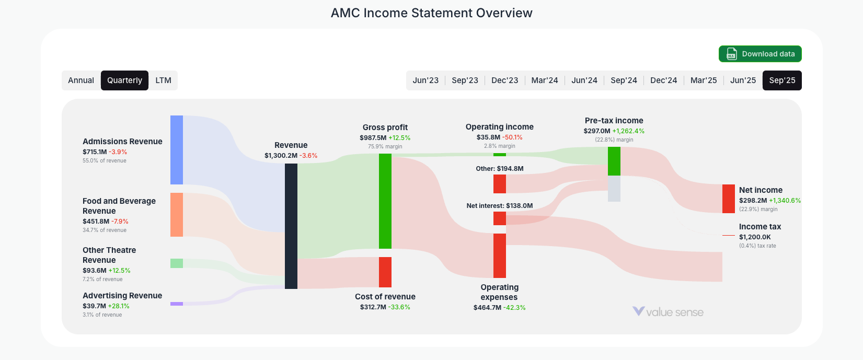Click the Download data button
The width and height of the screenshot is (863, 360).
pos(760,54)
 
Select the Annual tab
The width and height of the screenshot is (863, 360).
pos(81,80)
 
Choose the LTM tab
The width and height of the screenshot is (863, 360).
pos(163,80)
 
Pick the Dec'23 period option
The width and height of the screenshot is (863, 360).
pos(504,80)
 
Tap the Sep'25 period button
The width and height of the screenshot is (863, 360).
pos(782,80)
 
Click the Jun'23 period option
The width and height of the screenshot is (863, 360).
pos(425,80)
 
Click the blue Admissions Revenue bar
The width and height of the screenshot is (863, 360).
pos(177,150)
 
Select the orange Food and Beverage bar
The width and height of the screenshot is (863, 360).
pos(177,215)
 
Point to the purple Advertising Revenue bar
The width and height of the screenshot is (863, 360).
pos(177,304)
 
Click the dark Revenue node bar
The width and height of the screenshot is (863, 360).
pos(291,226)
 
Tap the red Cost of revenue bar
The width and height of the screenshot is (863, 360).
pos(385,272)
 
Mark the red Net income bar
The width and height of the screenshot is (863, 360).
pos(729,199)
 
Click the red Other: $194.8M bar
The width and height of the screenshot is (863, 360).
pos(500,184)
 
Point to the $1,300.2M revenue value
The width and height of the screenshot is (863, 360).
pos(281,156)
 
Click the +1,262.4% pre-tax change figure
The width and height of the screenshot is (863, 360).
pos(628,131)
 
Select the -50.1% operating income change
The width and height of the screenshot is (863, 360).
pos(512,137)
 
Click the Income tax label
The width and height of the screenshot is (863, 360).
pos(760,227)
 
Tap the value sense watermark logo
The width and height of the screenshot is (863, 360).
pos(668,312)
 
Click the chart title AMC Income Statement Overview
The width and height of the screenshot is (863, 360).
pos(431,13)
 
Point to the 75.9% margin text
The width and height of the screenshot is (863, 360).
pos(385,147)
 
